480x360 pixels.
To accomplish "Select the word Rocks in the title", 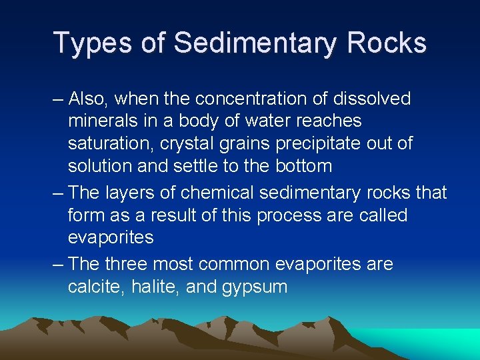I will [387, 43].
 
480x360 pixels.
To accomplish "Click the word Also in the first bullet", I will [90, 99].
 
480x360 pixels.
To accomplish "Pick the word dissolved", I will [373, 99].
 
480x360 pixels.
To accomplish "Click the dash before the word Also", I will [58, 99].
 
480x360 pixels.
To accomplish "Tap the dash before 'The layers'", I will [58, 193].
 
